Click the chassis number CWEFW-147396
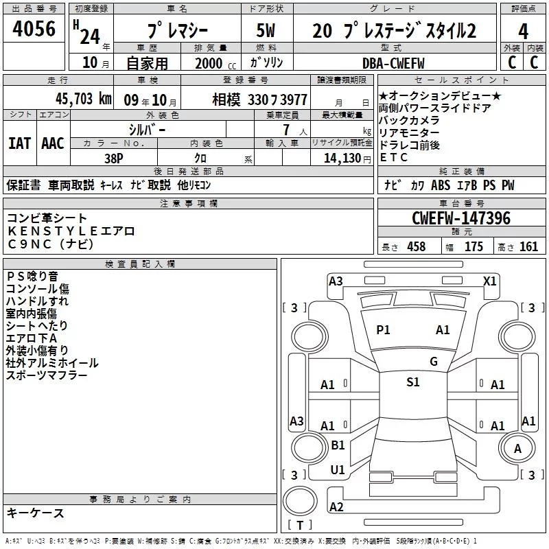461,218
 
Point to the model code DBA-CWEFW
393,63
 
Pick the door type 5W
266,31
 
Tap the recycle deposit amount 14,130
341,158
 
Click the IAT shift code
19,143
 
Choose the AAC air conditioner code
52,143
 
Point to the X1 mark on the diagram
490,281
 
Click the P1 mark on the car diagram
383,330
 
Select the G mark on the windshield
433,362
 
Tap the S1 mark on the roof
412,382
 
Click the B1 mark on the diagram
338,445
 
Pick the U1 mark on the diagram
338,470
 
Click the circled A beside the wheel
518,449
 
